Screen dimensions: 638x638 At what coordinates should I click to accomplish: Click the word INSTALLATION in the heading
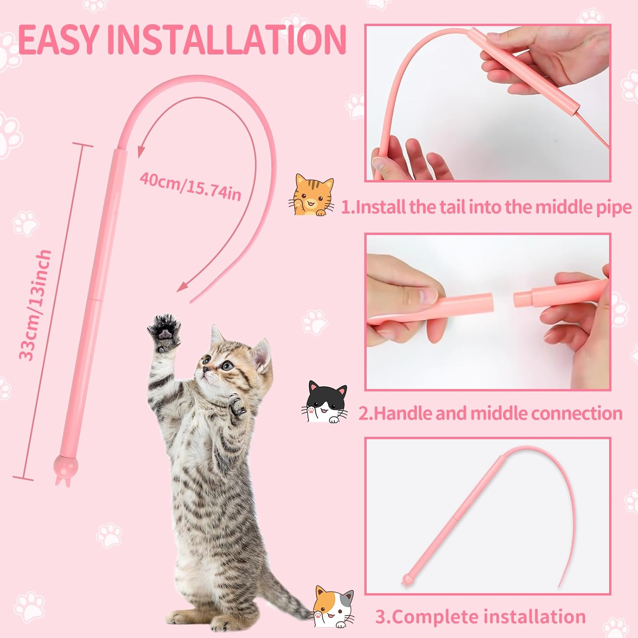[x=226, y=39]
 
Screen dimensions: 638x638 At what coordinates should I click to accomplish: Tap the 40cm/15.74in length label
[x=191, y=186]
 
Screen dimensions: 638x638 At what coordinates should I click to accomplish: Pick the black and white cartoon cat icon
[x=325, y=402]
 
